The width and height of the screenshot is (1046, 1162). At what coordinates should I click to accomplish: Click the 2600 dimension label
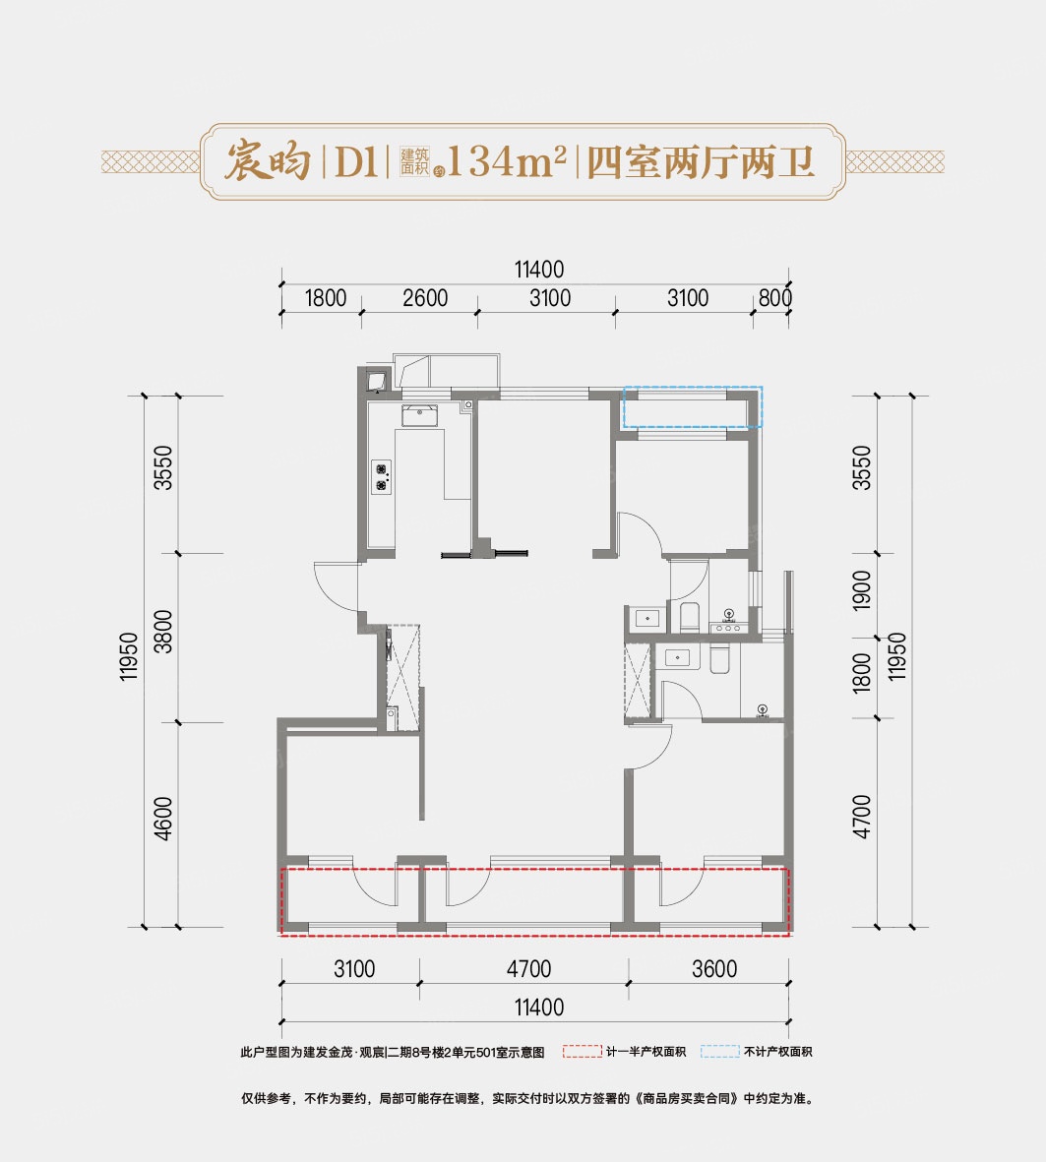pos(425,297)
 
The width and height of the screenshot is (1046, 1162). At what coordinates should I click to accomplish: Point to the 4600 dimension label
pos(164,817)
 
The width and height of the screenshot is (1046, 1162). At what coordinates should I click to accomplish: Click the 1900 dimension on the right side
pos(862,590)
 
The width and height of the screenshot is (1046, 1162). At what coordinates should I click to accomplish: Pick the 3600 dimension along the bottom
pos(713,969)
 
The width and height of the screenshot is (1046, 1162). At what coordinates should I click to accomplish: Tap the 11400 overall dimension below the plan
pos(538,1007)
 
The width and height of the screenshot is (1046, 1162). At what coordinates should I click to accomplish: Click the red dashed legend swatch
pos(582,1052)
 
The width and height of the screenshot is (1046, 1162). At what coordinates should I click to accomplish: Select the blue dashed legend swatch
pos(719,1052)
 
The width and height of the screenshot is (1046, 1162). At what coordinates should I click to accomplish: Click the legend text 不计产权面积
pos(778,1052)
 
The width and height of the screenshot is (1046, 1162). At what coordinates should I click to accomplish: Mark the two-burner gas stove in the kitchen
pos(381,476)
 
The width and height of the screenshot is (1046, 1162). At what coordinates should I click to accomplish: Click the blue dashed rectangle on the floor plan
pos(694,406)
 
